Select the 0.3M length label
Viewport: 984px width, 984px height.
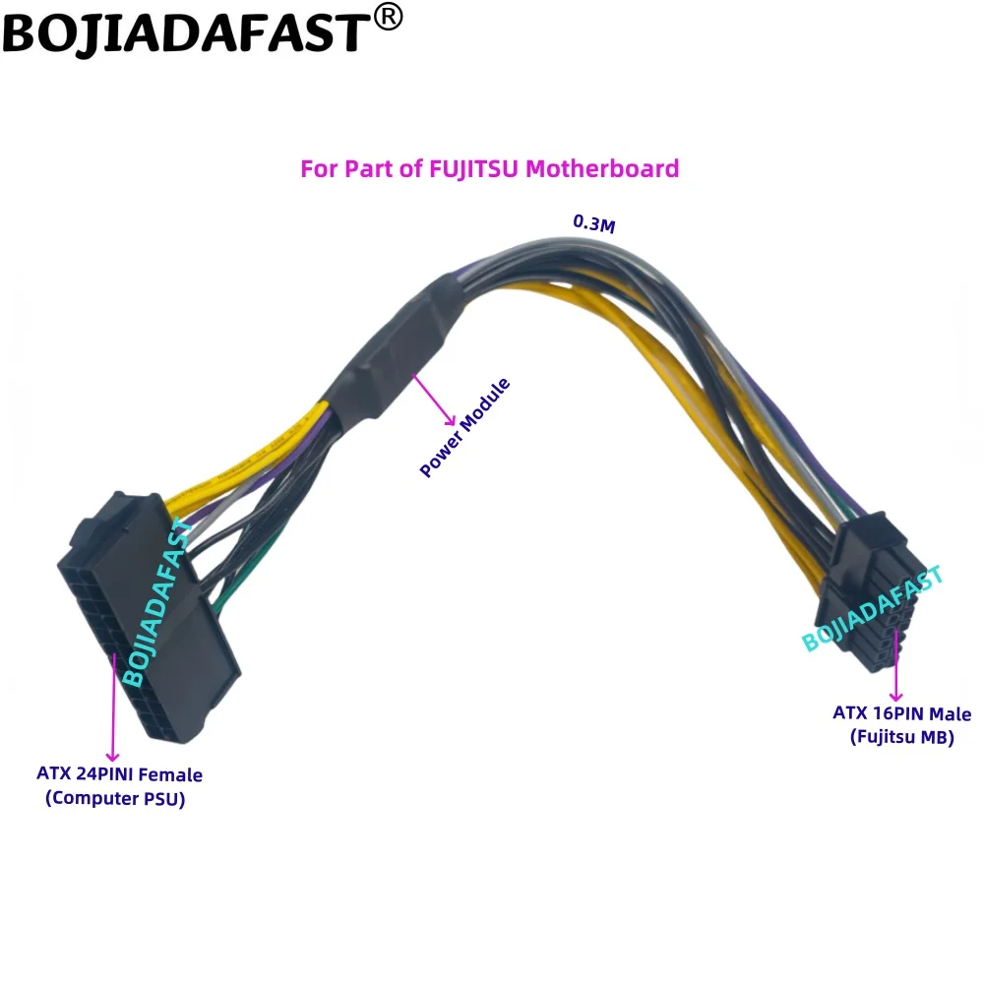tap(594, 223)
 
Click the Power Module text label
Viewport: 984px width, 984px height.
tap(465, 429)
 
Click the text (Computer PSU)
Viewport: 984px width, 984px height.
tap(115, 799)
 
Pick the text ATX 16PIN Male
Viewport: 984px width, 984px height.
tap(901, 713)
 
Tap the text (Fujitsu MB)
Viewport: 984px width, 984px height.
tap(901, 737)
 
